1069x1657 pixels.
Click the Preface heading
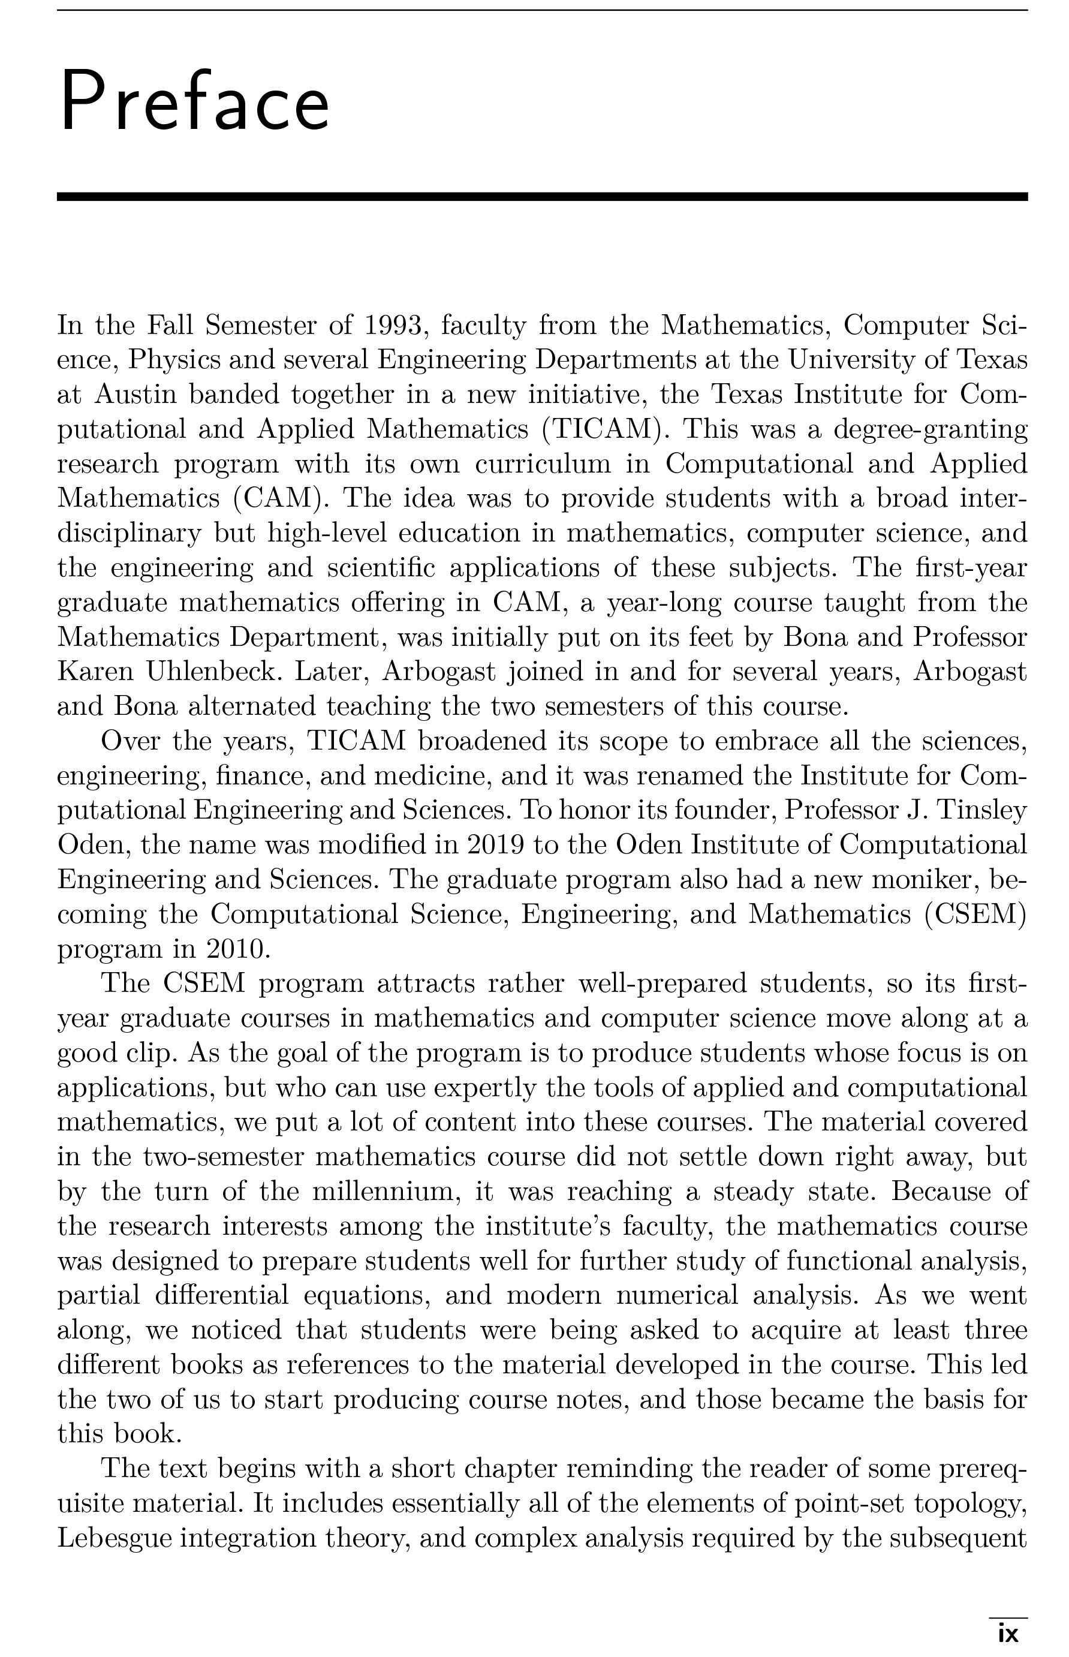pyautogui.click(x=194, y=101)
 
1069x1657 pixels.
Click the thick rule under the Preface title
pyautogui.click(x=541, y=197)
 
